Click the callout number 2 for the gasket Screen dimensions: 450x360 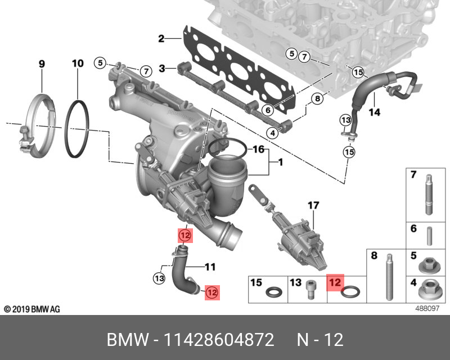click(161, 39)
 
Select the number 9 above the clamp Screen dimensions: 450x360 click(41, 64)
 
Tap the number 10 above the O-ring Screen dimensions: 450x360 click(78, 64)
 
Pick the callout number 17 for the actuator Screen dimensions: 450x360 click(313, 206)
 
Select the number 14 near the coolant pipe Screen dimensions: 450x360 click(374, 112)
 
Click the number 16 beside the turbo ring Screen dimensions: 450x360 click(258, 150)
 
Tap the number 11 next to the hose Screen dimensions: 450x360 click(210, 267)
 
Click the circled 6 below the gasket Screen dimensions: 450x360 click(268, 110)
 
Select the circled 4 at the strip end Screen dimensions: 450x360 click(272, 133)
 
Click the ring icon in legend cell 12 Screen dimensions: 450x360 click(352, 292)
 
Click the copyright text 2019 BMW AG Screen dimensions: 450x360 click(31, 309)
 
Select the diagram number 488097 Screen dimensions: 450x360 click(428, 309)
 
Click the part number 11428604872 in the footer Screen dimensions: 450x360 click(219, 340)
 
